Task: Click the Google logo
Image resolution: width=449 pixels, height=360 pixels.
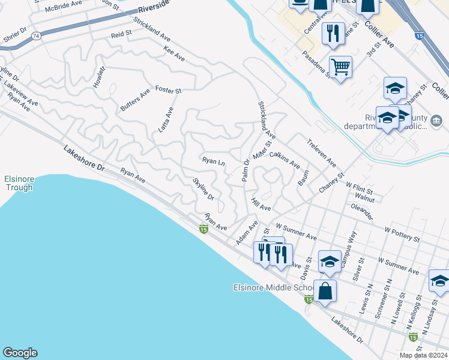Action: (x=20, y=353)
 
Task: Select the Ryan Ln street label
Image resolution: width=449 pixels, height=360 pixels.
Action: (x=213, y=161)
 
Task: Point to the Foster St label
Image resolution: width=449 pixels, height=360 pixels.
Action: (x=168, y=90)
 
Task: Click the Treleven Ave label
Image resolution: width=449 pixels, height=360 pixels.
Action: (x=322, y=154)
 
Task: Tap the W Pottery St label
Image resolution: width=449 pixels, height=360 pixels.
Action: (x=402, y=234)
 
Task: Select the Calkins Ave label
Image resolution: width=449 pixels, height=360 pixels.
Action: (x=285, y=159)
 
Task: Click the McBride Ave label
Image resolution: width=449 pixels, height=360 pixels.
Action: (x=67, y=4)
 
